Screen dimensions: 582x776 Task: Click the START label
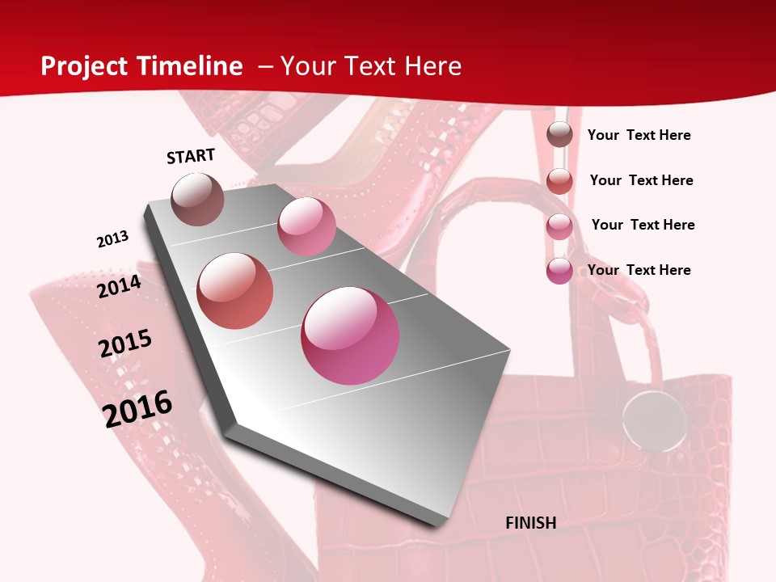(191, 156)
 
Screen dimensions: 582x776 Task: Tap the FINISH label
(531, 523)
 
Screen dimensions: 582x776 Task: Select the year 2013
(113, 239)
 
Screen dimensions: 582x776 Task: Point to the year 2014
(120, 286)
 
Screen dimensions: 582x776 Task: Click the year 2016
(138, 408)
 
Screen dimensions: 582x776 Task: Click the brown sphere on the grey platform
(198, 199)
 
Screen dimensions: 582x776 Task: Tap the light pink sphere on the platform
(306, 226)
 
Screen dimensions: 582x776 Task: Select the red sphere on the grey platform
(235, 291)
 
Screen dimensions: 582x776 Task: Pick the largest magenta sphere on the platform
(350, 335)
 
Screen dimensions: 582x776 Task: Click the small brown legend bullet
(559, 135)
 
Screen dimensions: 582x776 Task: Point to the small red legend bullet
(559, 181)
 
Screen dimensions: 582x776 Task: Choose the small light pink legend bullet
(559, 226)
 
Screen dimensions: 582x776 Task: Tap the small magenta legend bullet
(559, 271)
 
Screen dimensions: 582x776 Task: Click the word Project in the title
(84, 66)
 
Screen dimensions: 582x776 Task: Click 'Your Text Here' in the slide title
(371, 66)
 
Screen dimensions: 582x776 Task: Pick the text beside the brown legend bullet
(639, 135)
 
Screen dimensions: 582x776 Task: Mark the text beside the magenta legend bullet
(639, 270)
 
